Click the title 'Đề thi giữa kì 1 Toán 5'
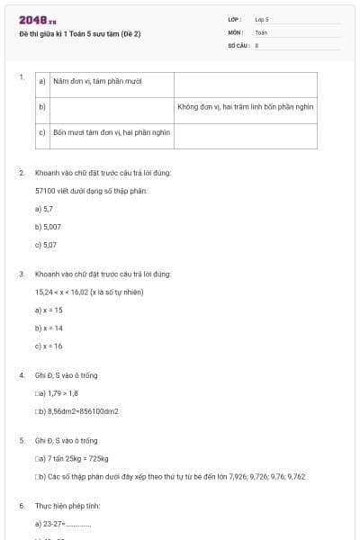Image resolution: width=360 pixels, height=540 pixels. (80, 34)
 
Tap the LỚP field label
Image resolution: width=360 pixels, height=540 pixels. (235, 18)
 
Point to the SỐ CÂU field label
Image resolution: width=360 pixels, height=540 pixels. (238, 43)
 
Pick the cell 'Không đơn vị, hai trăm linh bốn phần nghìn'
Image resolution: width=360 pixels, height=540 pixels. (245, 106)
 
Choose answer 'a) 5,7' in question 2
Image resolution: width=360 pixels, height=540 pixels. (44, 209)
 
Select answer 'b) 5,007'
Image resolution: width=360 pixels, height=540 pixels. (48, 226)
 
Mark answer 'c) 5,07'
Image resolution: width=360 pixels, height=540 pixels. (46, 244)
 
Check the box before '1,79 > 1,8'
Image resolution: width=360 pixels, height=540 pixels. (37, 393)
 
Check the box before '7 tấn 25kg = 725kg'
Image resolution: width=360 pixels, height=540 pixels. (37, 458)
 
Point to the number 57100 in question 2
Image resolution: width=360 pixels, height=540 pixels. (45, 191)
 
